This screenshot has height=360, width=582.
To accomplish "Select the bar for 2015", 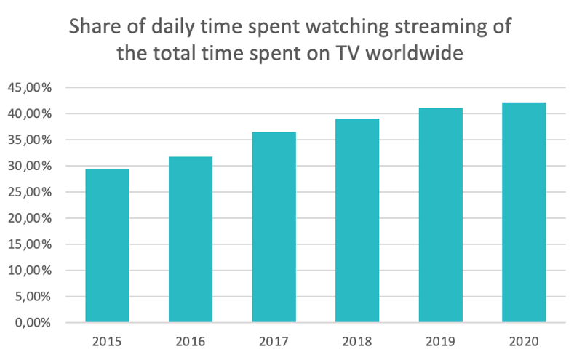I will click(x=107, y=245).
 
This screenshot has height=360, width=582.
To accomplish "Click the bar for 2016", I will click(x=191, y=239).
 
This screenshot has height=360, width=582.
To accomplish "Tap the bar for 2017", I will click(x=274, y=227).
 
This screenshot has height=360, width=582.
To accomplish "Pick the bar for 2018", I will click(x=357, y=220).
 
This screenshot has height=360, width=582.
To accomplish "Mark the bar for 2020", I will click(x=524, y=212).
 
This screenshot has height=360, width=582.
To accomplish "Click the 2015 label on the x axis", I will click(x=107, y=340).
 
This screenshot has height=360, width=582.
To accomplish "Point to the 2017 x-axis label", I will click(x=274, y=340).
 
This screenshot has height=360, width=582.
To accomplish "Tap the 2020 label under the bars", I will click(x=524, y=340).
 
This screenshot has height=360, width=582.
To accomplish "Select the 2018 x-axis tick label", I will click(x=357, y=340).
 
